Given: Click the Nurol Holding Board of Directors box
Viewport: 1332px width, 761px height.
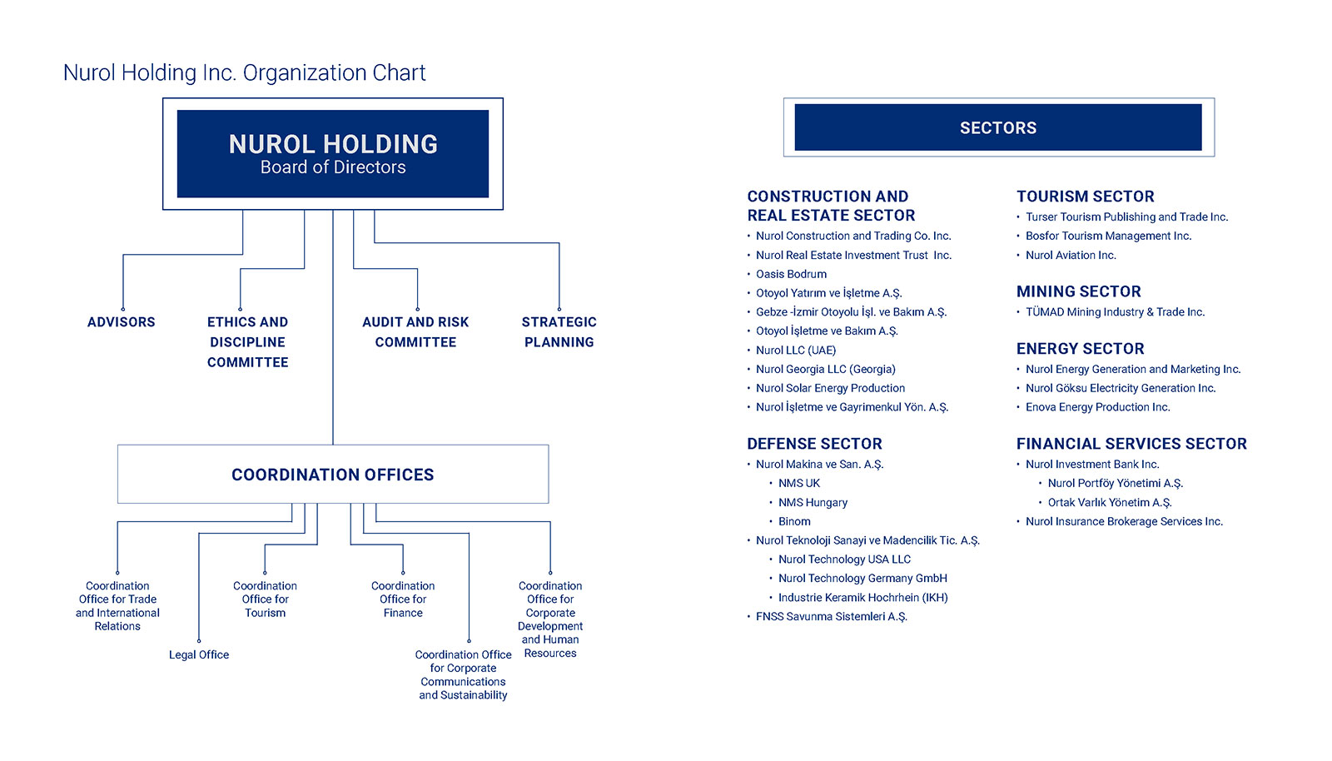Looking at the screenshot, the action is coord(333,153).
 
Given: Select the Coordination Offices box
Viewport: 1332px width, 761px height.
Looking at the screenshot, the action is coord(333,474).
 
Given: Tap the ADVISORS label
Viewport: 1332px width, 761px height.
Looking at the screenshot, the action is coord(122,321).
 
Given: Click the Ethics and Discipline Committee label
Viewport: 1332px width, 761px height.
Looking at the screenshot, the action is coord(247,342).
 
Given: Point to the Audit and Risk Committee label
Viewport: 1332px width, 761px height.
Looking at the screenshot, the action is coord(415,331).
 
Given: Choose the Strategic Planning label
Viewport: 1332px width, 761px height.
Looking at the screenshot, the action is coord(559,331).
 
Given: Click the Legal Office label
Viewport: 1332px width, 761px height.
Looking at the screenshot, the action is coord(199,654).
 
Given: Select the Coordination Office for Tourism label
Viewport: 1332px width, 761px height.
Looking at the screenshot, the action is coord(266,599).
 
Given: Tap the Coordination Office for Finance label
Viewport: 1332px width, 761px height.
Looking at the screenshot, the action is coord(403,599).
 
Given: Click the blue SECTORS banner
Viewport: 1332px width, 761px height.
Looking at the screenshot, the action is coord(998,127).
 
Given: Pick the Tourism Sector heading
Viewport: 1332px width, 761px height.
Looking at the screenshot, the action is coord(1086,196).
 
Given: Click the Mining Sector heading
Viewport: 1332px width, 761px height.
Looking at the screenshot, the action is coord(1079,291).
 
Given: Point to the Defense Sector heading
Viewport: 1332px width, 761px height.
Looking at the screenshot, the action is coord(815,444).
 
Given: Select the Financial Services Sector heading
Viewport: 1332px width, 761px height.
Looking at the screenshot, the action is coord(1131,444).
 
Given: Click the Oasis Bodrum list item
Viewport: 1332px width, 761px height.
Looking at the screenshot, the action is coord(791,274).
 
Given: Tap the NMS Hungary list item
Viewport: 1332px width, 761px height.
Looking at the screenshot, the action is coord(813,502).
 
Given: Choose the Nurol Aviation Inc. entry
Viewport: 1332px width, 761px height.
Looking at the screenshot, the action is coord(1071,255).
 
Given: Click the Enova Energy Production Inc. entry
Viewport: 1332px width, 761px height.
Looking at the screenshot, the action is coord(1098,407).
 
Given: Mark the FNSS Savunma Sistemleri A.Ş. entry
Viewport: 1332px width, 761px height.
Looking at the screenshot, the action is coord(832,616).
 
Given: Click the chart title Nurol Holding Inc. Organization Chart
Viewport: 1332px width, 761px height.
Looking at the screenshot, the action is coord(245,72).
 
